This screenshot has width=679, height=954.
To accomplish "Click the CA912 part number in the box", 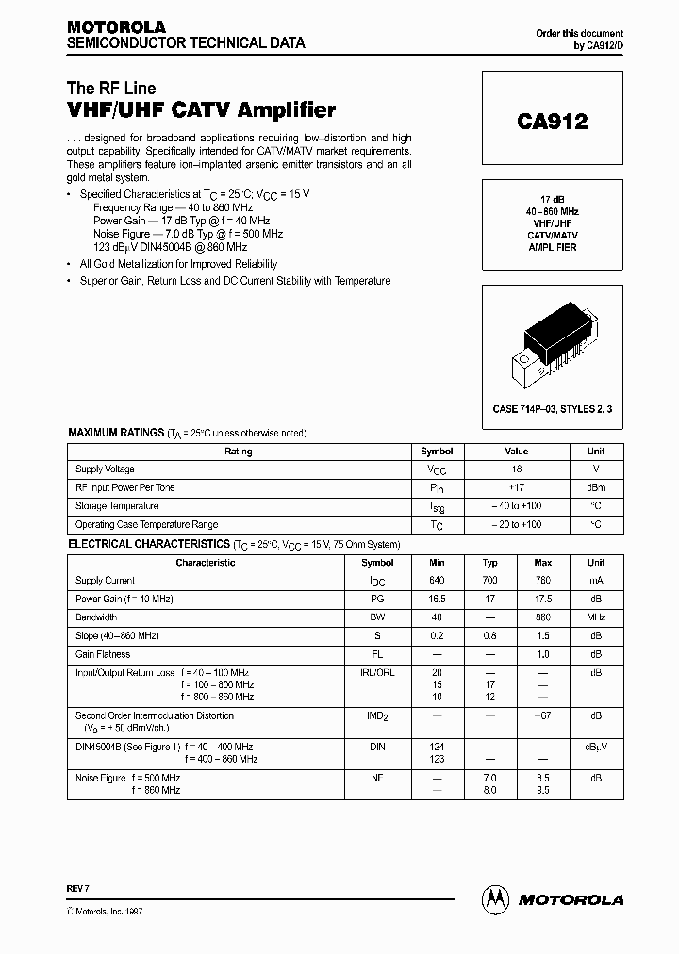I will (x=552, y=122).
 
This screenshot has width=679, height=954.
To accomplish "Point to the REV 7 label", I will (x=78, y=888).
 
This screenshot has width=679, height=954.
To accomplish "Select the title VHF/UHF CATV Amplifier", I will (x=201, y=110).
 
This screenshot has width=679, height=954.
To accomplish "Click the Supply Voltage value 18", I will (x=516, y=469).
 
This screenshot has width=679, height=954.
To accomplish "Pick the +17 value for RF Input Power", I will (x=516, y=487).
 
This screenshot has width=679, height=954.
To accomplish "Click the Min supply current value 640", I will (x=436, y=581).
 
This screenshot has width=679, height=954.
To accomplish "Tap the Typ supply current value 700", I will (x=489, y=581).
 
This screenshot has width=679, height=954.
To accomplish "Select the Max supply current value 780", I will (x=542, y=581).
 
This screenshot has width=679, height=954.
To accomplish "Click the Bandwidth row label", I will (x=95, y=617).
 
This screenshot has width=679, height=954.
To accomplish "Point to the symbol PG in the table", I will (x=377, y=600).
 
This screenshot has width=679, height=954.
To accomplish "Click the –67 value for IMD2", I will (x=542, y=716).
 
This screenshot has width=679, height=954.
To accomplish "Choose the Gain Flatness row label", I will (x=103, y=654).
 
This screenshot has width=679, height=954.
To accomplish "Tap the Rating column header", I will (x=239, y=452).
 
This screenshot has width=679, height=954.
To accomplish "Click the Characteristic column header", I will (x=206, y=563).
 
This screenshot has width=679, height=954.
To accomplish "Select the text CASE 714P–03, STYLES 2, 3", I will (x=552, y=409).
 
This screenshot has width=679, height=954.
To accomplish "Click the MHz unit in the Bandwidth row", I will (x=595, y=617).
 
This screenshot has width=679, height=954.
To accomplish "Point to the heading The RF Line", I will (x=111, y=89).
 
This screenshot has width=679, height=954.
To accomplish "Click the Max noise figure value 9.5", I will (x=542, y=790).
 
